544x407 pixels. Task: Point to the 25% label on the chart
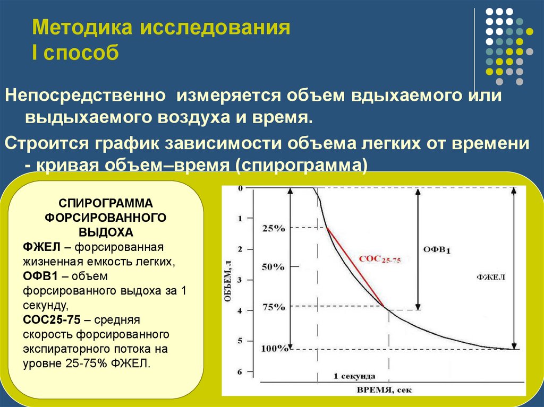point(274,228)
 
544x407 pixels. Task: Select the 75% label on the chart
point(274,307)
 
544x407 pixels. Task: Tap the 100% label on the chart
point(275,349)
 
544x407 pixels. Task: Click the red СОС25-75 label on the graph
point(380,259)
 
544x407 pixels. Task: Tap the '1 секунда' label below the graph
point(354,376)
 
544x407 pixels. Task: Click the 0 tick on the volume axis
point(240,188)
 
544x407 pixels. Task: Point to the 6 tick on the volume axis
point(239,372)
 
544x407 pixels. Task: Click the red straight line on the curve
point(355,266)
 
